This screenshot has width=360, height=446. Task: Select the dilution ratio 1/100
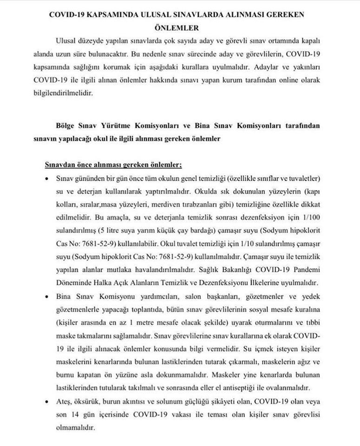tap(308, 217)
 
